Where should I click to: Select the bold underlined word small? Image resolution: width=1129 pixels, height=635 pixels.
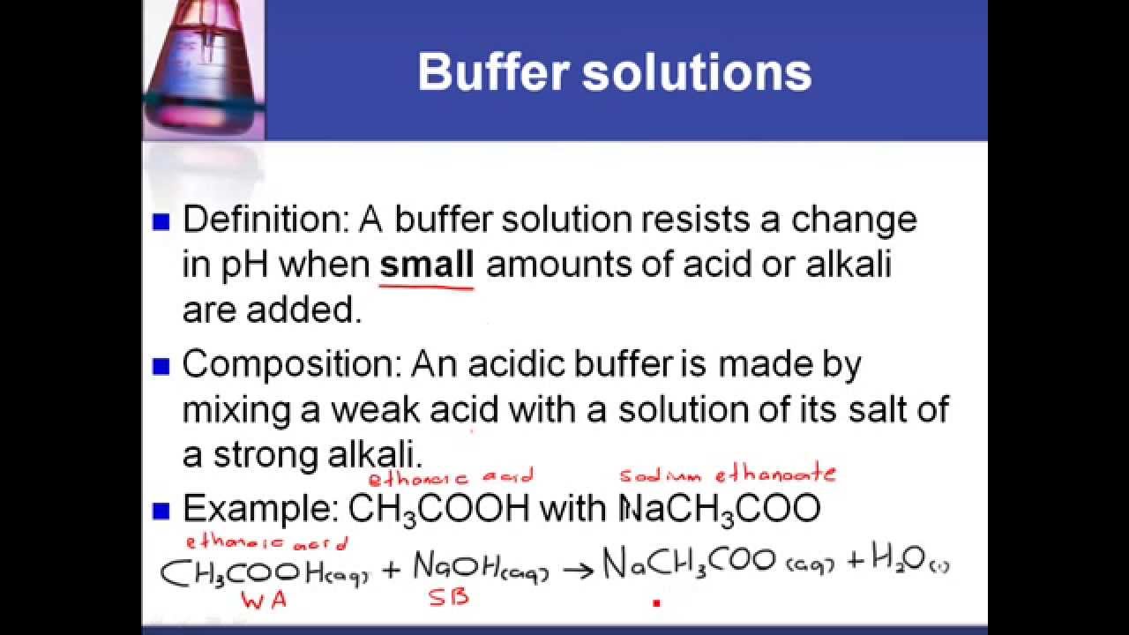coord(426,265)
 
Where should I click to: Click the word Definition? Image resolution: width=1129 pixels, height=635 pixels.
coord(265,220)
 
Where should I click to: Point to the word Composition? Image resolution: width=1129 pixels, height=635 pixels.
coord(292,365)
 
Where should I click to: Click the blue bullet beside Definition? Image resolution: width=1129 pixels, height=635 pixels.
coord(161,221)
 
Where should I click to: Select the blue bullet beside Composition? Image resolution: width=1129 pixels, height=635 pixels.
coord(161,366)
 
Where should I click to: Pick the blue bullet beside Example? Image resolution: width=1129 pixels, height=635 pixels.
coord(161,511)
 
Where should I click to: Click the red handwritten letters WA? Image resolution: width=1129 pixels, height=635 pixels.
coord(264,601)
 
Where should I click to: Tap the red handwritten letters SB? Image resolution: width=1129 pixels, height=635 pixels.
coord(449,597)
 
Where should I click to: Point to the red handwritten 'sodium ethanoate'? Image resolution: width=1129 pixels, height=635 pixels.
coord(728,474)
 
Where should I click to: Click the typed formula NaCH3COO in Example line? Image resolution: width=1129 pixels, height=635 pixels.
coord(721,510)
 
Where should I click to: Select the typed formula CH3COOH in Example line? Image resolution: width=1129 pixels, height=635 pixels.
coord(439,510)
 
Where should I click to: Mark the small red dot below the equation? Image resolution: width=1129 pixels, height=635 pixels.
coord(656,602)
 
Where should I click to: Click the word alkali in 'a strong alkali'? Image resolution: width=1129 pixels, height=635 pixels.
coord(375,454)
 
